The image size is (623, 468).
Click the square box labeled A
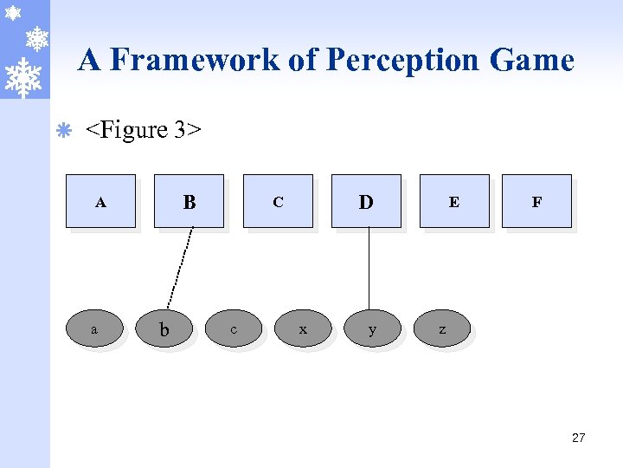[100, 201]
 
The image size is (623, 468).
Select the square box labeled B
[189, 201]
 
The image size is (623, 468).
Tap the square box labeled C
[278, 201]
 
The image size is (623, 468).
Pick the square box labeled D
[366, 201]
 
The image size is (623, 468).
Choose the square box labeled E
[454, 201]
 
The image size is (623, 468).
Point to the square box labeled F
[536, 201]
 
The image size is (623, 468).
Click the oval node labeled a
[94, 328]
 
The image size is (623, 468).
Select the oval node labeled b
[164, 329]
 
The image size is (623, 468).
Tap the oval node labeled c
[234, 328]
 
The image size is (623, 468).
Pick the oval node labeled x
[303, 328]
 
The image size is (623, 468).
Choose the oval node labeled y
[372, 328]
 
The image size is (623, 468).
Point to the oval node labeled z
[442, 328]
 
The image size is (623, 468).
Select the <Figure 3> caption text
[143, 130]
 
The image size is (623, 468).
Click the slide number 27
[578, 438]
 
